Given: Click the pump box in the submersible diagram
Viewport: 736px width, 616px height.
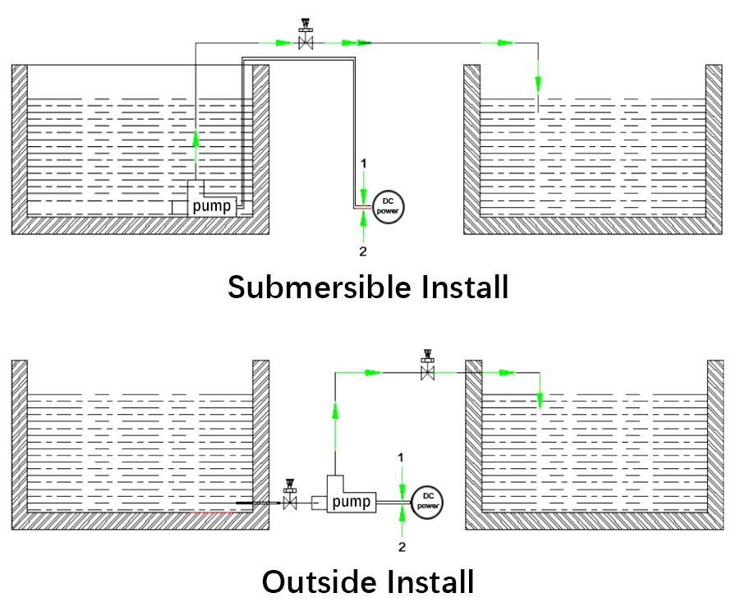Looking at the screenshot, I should coord(212,205).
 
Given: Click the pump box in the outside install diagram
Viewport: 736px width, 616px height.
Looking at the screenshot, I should coord(351,500).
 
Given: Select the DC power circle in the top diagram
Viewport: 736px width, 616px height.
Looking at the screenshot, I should coord(387,205).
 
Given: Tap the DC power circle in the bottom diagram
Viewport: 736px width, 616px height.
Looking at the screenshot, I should coord(427,500).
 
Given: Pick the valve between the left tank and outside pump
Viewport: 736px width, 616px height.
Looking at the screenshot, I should coord(289,499).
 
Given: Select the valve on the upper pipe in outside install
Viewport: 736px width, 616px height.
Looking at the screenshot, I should coord(427,370).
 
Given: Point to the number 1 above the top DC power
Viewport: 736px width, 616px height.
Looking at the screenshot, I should coord(363,164).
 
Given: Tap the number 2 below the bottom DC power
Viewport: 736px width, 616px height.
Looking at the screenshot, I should coord(402,546).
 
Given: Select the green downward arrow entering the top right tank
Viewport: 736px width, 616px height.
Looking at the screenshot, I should coord(539,83).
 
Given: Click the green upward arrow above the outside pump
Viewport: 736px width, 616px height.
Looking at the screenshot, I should coord(335,410).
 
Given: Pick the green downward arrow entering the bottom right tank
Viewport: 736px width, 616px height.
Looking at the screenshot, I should coord(540,399).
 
